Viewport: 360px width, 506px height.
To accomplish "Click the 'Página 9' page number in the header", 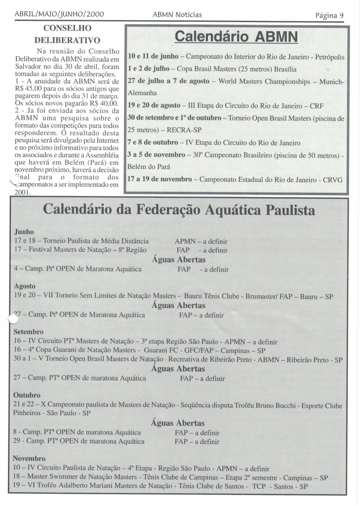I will [x=329, y=15].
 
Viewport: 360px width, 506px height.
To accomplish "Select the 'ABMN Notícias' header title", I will [x=178, y=15].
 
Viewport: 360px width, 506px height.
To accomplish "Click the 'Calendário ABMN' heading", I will [x=237, y=37].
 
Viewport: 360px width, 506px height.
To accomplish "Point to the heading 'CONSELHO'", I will [x=73, y=29].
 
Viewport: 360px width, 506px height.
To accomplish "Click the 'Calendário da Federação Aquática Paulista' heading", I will [x=179, y=210].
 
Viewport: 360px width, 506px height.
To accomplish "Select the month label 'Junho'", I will [x=24, y=231].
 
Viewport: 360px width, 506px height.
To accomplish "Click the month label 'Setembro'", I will [x=29, y=332].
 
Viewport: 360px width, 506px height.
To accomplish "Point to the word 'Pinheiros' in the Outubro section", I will [x=31, y=413].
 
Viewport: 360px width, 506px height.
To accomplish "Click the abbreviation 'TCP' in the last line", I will [x=272, y=486].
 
